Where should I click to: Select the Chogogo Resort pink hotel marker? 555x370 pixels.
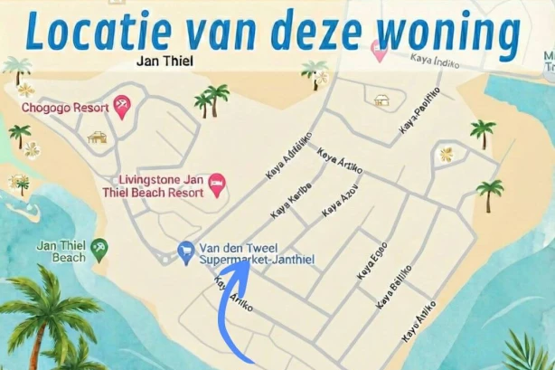[x=120, y=109]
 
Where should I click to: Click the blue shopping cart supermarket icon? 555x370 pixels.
[x=186, y=249]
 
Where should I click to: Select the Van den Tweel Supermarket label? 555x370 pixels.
[x=239, y=253]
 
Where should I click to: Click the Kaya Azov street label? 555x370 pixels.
[x=339, y=200]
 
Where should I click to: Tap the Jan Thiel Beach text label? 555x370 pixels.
[x=61, y=251]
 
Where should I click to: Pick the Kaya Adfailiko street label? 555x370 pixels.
[x=288, y=156]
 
